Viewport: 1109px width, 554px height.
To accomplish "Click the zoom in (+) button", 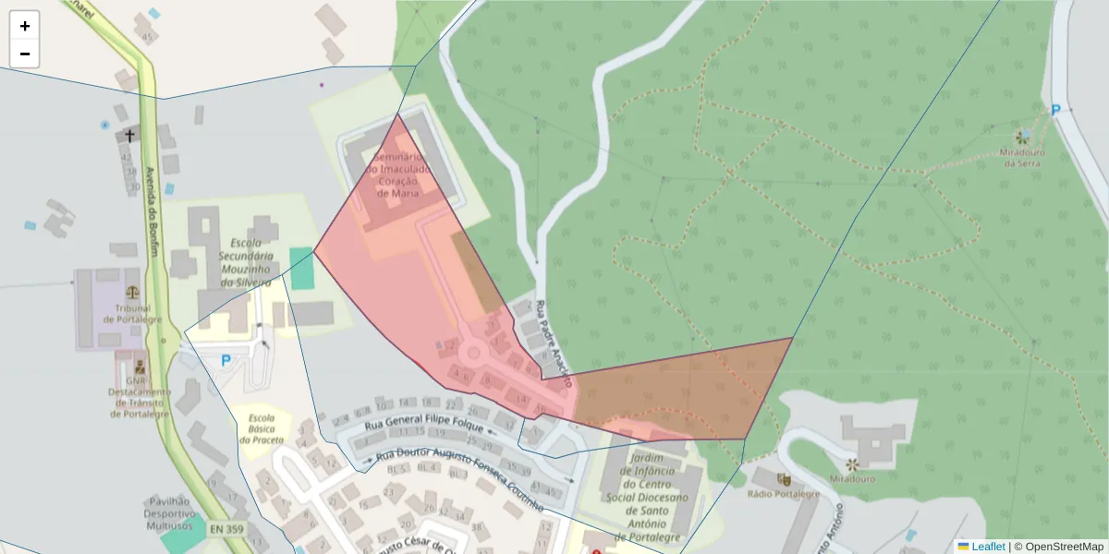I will (x=25, y=26).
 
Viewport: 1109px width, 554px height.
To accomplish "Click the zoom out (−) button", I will (x=25, y=54).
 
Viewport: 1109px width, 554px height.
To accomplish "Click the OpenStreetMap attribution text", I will (x=1058, y=547).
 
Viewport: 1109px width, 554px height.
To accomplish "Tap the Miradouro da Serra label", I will (x=1023, y=157).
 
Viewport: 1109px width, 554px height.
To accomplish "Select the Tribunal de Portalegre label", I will (x=132, y=314).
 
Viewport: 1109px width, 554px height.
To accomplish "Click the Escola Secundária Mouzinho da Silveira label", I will (x=244, y=260).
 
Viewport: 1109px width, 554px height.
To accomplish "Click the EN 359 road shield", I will (x=227, y=529).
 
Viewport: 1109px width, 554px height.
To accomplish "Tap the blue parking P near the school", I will (x=225, y=361).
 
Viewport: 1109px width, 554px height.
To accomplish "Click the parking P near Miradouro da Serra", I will (x=1055, y=110).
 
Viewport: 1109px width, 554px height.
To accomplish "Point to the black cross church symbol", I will (x=130, y=136).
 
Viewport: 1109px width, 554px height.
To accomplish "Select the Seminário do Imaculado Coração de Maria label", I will (x=398, y=175).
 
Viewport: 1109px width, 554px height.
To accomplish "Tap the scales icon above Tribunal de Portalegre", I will (x=132, y=290).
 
